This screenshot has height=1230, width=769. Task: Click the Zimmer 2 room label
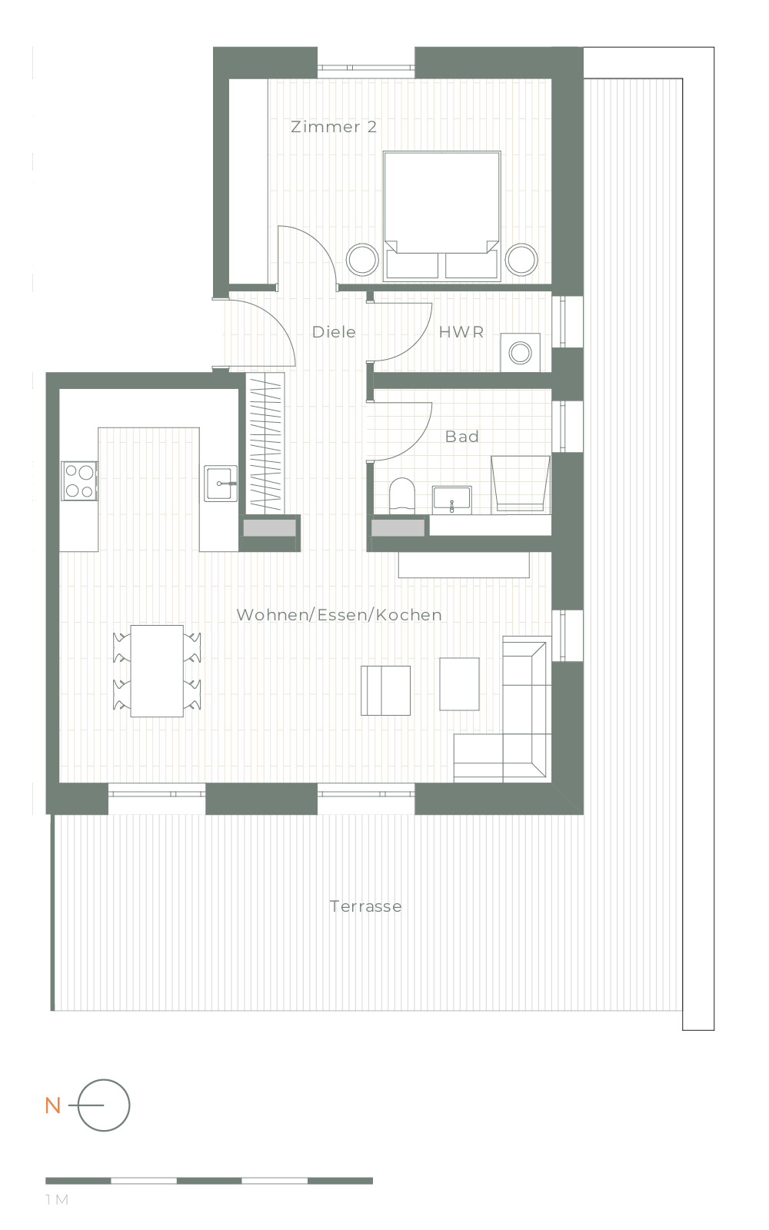click(334, 127)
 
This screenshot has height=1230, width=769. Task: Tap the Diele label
click(334, 332)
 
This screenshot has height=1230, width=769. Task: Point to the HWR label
click(461, 332)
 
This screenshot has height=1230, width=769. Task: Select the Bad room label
click(462, 437)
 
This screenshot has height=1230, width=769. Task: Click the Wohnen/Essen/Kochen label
click(339, 615)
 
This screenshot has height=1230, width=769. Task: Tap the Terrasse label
click(366, 906)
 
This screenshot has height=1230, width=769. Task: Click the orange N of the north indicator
click(53, 1105)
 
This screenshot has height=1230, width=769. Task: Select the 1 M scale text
click(57, 1200)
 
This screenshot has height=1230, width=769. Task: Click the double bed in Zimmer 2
click(442, 216)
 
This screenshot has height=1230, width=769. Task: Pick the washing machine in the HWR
click(520, 353)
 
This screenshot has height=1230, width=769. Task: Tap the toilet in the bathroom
click(401, 495)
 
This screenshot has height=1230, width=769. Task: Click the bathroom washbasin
click(451, 500)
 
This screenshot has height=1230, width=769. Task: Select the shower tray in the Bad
click(520, 484)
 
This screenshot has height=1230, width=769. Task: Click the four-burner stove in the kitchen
click(79, 481)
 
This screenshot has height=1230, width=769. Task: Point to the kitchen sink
click(221, 484)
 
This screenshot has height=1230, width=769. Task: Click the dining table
click(157, 671)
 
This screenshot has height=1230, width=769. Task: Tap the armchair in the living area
click(385, 691)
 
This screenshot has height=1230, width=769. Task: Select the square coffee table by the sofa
click(459, 684)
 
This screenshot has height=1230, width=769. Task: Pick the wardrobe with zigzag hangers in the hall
click(266, 444)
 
